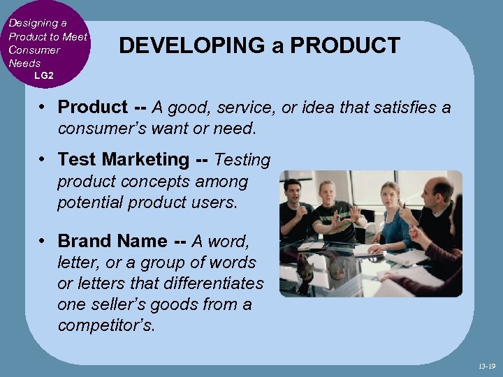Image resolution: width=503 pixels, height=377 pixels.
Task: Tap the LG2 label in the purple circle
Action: (43, 75)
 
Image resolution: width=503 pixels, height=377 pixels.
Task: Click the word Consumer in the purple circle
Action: (34, 50)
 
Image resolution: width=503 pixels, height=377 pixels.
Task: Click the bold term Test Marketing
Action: (123, 160)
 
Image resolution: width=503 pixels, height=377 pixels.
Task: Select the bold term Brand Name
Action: (112, 241)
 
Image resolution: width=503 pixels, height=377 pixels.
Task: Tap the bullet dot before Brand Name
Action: (43, 241)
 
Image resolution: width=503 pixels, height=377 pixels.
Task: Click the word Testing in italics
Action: (242, 160)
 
